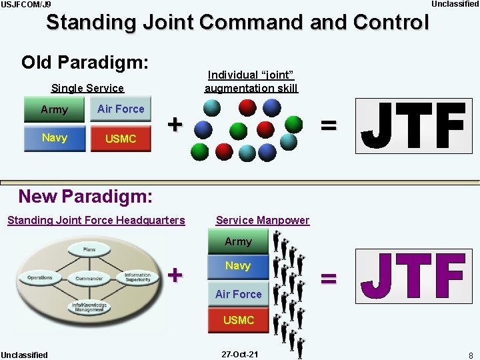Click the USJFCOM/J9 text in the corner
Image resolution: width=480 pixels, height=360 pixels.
[25, 5]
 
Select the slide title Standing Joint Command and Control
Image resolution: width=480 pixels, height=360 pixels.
[237, 22]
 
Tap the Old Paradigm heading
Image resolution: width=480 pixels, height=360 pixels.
[85, 63]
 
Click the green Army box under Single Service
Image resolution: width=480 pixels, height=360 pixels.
[54, 109]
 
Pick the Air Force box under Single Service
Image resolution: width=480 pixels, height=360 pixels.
[121, 109]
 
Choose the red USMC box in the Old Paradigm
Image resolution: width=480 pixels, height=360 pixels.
[121, 139]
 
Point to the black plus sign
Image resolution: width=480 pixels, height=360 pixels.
[175, 124]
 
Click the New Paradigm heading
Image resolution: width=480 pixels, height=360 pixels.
[85, 197]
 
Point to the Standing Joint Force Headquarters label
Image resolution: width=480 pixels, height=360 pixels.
[96, 220]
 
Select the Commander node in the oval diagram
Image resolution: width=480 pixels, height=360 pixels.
[89, 278]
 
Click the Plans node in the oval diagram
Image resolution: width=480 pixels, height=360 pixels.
[89, 249]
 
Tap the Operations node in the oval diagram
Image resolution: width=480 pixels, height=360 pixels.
[40, 277]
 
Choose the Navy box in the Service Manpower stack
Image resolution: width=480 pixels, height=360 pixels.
[238, 266]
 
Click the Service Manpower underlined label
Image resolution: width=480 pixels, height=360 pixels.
[263, 220]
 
